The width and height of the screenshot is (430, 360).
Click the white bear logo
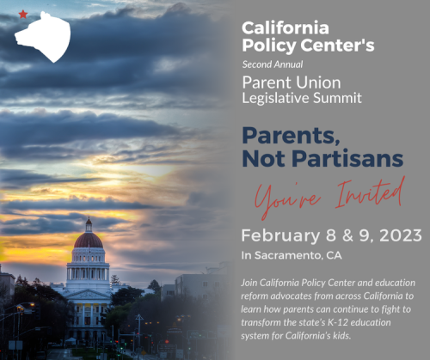[x=43, y=36]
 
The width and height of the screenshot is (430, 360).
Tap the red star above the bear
[x=22, y=14]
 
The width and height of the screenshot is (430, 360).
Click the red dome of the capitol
[x=88, y=240]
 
